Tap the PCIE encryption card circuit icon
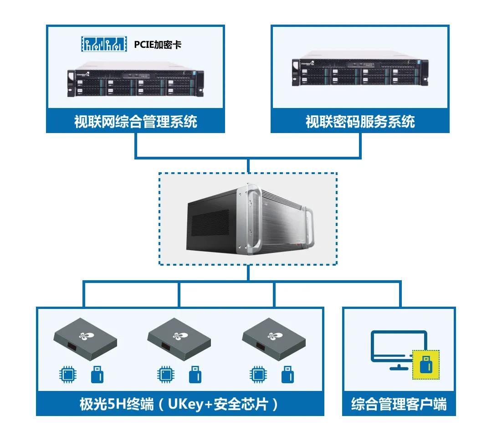pyautogui.click(x=102, y=44)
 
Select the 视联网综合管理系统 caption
pyautogui.click(x=135, y=122)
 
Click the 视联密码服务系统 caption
pyautogui.click(x=360, y=122)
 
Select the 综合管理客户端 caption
pyautogui.click(x=399, y=404)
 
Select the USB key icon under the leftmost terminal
pyautogui.click(x=97, y=375)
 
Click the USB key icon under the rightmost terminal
pyautogui.click(x=287, y=375)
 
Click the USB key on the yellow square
pyautogui.click(x=426, y=365)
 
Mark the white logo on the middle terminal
pyautogui.click(x=178, y=336)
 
